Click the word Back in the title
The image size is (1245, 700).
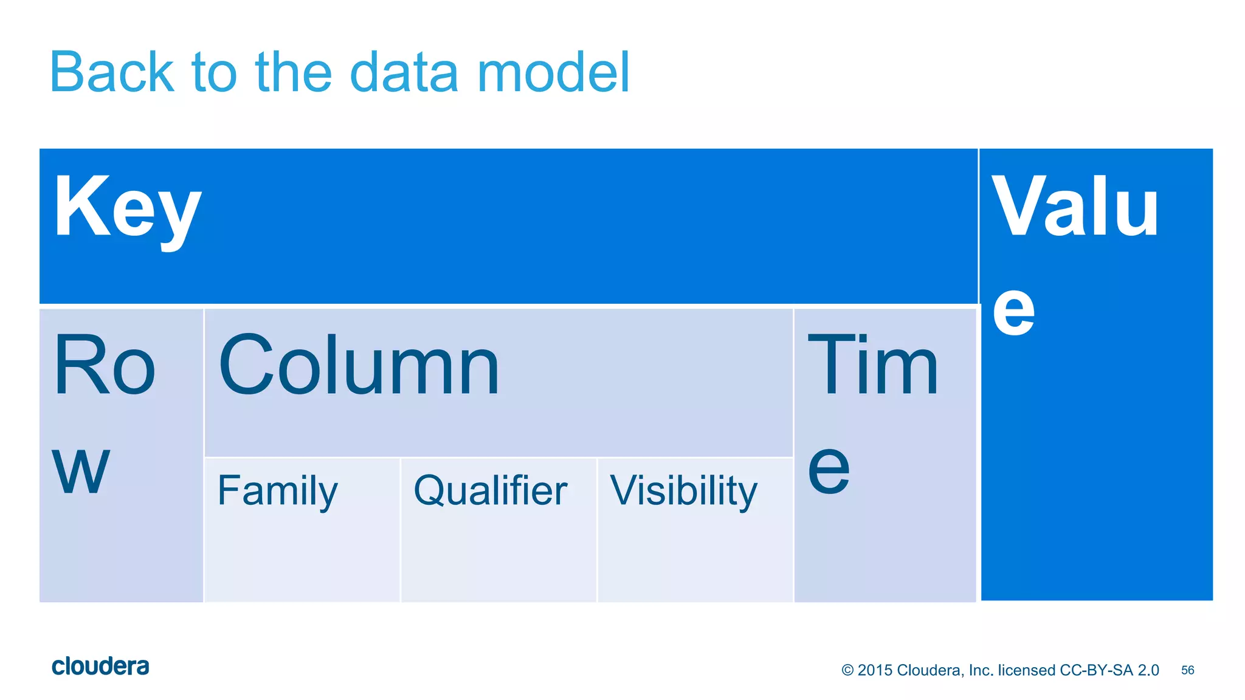pyautogui.click(x=112, y=73)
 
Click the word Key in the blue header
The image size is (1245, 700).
pyautogui.click(x=128, y=208)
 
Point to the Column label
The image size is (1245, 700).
pyautogui.click(x=359, y=366)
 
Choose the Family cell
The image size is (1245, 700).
pyautogui.click(x=278, y=491)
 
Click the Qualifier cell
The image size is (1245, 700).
pyautogui.click(x=490, y=491)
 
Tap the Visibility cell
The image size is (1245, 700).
pyautogui.click(x=684, y=491)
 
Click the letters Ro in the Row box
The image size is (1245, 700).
pyautogui.click(x=105, y=366)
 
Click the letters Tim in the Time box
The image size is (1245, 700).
pyautogui.click(x=873, y=366)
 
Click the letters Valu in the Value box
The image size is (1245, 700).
pyautogui.click(x=1075, y=207)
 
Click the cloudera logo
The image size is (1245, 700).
pyautogui.click(x=100, y=667)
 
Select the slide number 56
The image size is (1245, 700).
pyautogui.click(x=1187, y=670)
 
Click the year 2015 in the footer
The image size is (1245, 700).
pyautogui.click(x=875, y=670)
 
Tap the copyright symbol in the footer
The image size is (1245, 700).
pyautogui.click(x=847, y=670)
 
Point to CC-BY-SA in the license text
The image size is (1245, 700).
pyautogui.click(x=1097, y=670)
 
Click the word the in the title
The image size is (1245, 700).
pyautogui.click(x=294, y=73)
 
